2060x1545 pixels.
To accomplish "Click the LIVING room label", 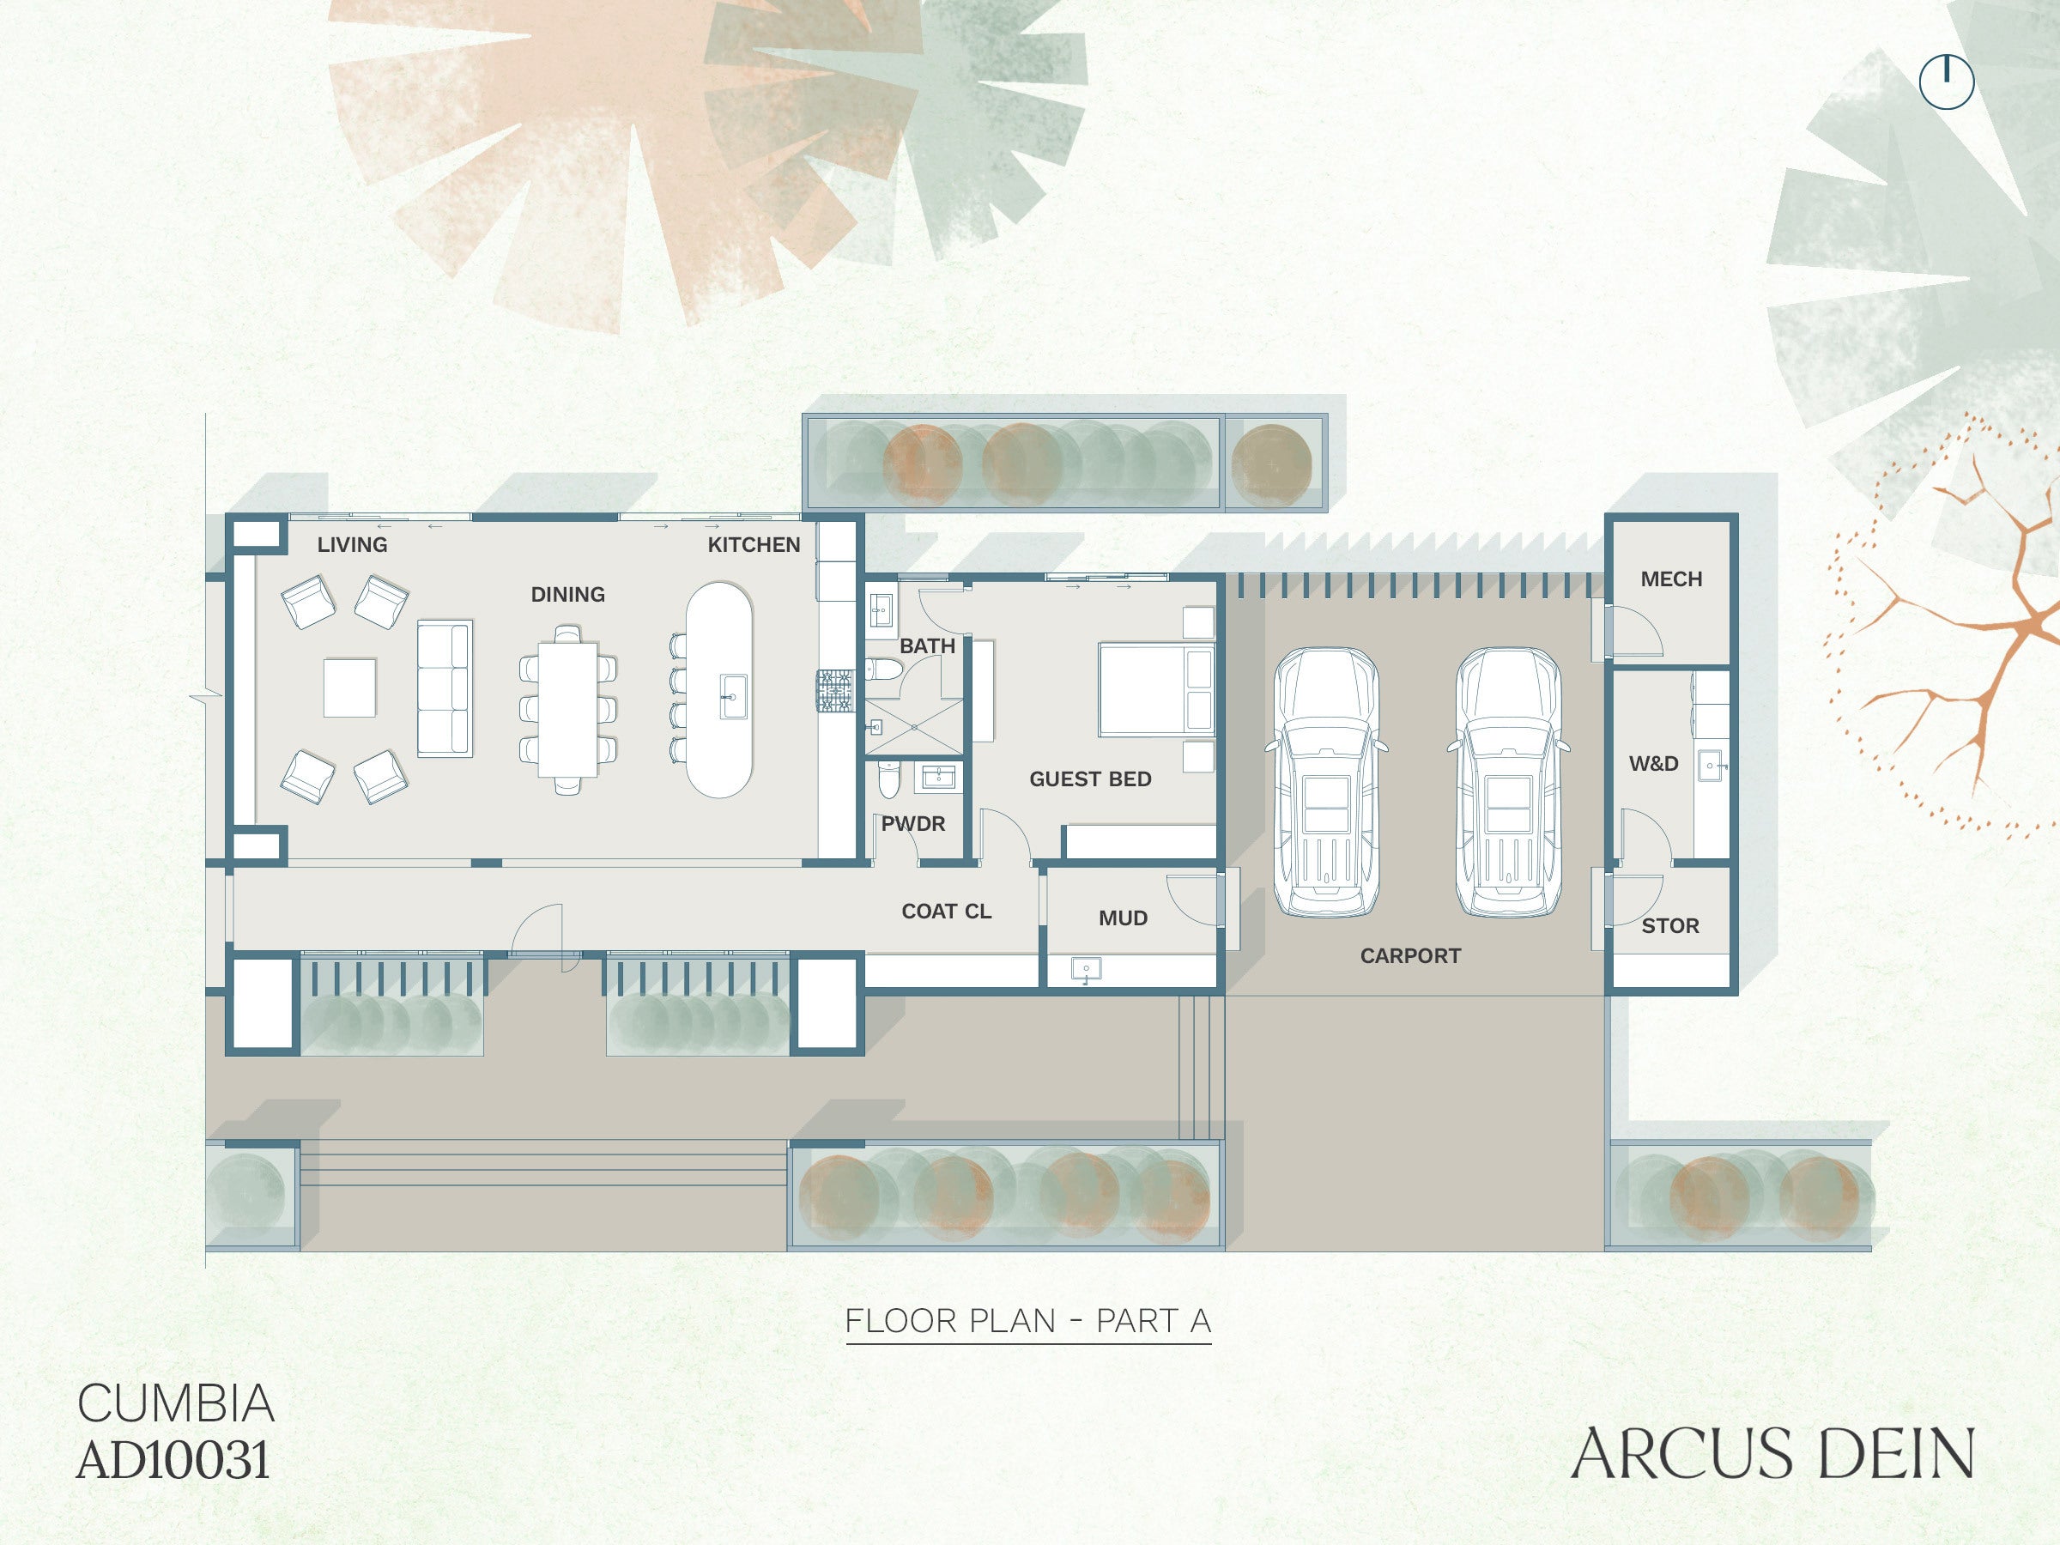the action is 352,545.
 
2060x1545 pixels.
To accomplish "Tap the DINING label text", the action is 568,594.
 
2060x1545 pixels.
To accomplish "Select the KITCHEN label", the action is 754,545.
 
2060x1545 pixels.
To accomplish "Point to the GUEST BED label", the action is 1091,779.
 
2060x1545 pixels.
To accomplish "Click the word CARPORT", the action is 1411,955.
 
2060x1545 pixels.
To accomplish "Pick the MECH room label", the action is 1672,579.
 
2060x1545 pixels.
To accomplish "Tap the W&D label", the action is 1654,764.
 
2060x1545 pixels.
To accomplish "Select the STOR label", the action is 1670,925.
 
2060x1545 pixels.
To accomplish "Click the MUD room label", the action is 1123,918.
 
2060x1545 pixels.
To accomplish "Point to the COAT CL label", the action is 946,911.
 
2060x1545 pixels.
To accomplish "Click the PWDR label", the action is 913,823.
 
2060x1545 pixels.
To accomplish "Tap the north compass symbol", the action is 1947,82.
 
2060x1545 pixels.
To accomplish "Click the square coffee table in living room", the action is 350,688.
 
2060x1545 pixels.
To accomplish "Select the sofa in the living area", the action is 445,688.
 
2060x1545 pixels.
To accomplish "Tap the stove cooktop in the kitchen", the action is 835,691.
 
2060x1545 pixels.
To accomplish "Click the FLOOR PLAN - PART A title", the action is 1028,1321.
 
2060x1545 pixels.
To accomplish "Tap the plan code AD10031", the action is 174,1459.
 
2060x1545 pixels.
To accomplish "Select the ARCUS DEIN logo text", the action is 1773,1453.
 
